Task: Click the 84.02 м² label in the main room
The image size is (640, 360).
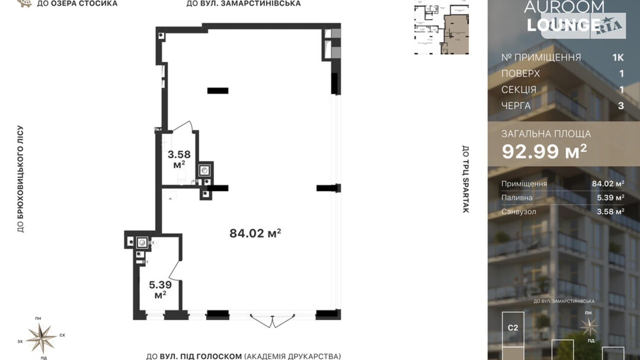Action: [255, 233]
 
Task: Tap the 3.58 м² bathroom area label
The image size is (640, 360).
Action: [179, 159]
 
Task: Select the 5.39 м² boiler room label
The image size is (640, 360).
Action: [160, 289]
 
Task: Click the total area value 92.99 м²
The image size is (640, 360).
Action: [544, 151]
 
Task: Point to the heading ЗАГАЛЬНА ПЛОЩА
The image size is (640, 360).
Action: [546, 134]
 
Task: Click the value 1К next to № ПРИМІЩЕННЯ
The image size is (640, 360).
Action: [618, 57]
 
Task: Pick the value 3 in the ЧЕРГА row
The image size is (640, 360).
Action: [621, 106]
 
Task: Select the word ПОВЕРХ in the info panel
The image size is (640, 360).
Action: [520, 74]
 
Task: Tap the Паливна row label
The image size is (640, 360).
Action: [517, 198]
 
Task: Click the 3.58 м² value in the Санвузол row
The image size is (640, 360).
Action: [610, 211]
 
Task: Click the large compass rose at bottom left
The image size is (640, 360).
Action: [41, 338]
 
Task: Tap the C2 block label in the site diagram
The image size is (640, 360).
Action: [513, 327]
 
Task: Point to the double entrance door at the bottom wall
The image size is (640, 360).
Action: [272, 321]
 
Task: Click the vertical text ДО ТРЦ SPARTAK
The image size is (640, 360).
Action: [465, 179]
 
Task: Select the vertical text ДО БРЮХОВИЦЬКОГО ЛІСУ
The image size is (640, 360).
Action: [20, 179]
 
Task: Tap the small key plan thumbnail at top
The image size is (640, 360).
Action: [441, 28]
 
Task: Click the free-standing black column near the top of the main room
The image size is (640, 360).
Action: [218, 91]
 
